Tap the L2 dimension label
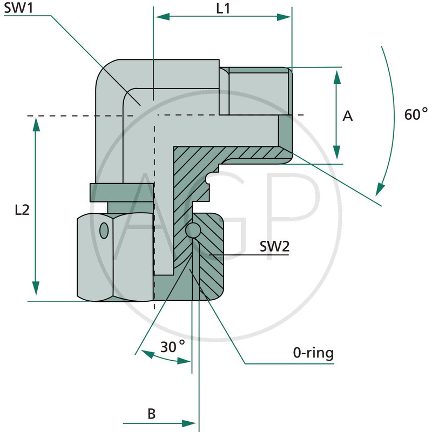point(22,211)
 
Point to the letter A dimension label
point(348,116)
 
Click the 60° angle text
point(416,114)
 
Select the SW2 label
point(274,247)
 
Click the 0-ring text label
point(313,354)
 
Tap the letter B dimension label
point(152,414)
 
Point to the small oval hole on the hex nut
point(104,231)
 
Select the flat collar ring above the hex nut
point(122,192)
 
